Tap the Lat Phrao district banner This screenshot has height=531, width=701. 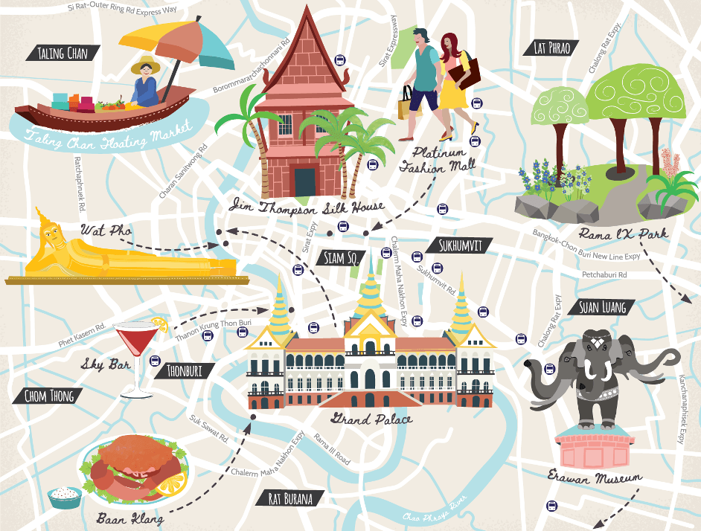[x=551, y=48]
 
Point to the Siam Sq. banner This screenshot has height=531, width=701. [x=342, y=257]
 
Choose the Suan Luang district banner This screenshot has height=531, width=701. [x=602, y=306]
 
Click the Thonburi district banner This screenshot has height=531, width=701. [x=185, y=370]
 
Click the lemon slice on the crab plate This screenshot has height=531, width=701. [x=170, y=485]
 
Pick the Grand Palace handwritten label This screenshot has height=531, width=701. [x=372, y=419]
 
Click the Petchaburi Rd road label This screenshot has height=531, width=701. [x=604, y=275]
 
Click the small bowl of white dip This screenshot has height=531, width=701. [x=65, y=497]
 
